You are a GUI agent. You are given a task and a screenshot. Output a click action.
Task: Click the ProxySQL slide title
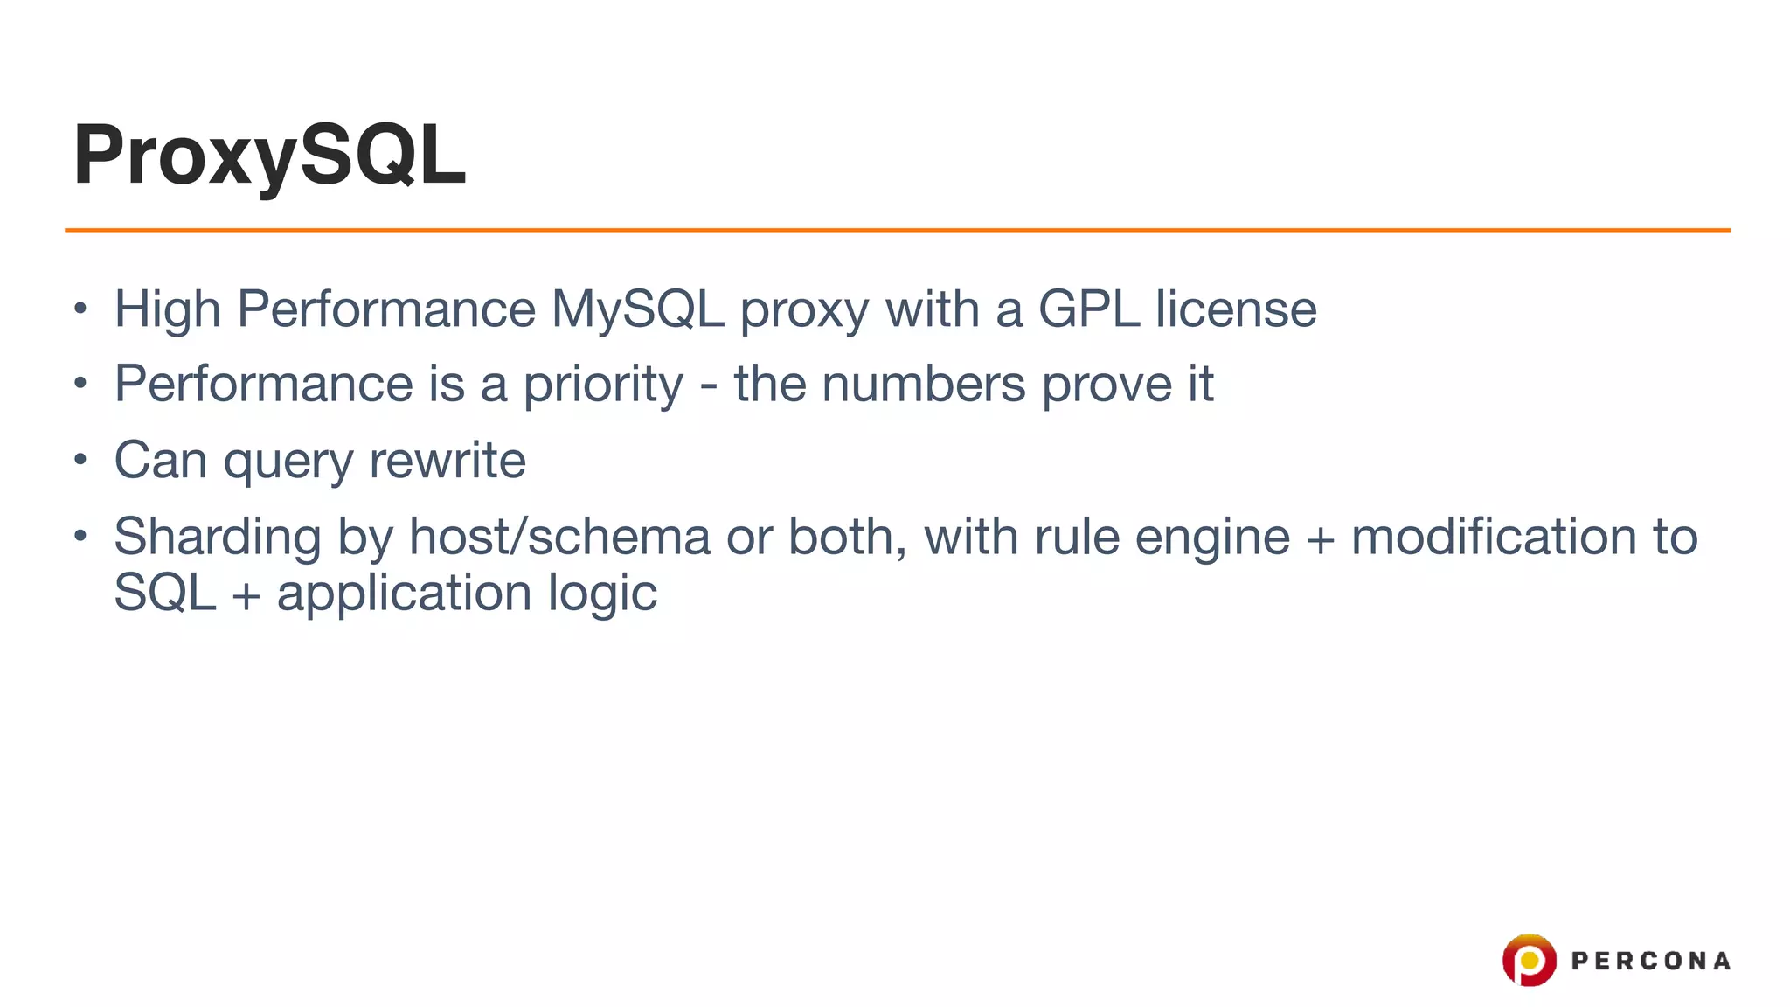pos(269,156)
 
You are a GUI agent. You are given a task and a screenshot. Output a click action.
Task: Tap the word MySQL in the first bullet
pos(637,309)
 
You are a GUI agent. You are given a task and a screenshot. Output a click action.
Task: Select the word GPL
pos(1088,309)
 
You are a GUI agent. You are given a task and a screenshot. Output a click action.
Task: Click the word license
pos(1236,309)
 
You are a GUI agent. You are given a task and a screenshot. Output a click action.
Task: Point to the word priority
pos(602,385)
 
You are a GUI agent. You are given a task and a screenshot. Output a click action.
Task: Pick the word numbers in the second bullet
pos(923,385)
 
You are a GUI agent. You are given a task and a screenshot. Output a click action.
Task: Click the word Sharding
pos(218,538)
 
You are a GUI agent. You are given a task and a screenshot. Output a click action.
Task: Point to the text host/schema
pos(559,537)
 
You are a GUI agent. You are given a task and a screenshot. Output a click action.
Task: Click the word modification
pos(1494,537)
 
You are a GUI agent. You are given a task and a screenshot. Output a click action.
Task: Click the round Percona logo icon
pos(1529,960)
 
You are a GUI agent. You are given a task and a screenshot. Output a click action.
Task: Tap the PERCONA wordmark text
pos(1650,961)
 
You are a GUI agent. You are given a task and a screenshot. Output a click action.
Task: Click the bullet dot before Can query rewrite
pos(80,459)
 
